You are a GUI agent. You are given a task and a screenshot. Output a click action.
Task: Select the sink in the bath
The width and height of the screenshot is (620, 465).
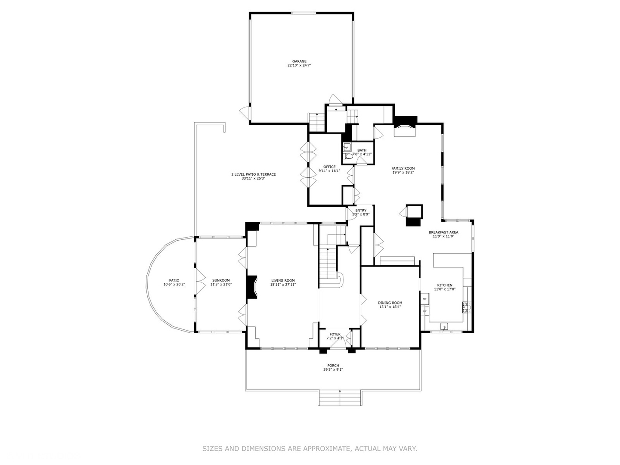[x=347, y=147]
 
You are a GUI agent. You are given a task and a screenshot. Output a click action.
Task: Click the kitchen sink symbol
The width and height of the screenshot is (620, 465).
[x=444, y=327]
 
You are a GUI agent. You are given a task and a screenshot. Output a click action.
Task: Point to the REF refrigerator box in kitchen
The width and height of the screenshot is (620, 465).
[x=425, y=299]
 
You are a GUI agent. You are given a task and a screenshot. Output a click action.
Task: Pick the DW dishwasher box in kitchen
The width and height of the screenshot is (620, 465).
[x=425, y=311]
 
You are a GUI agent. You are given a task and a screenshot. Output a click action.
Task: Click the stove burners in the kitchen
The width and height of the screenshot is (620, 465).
[x=465, y=307]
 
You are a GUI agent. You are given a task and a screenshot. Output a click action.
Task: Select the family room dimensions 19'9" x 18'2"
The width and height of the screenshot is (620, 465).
[x=403, y=173]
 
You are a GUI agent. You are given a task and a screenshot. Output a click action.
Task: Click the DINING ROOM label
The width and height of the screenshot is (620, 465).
[x=390, y=303]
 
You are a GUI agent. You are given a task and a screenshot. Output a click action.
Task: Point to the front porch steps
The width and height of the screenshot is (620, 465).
[x=340, y=398]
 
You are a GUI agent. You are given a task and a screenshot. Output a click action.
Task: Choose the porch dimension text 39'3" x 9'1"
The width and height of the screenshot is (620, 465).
[x=333, y=369]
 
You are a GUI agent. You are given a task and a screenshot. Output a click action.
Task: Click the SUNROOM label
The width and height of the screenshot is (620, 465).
[x=221, y=280]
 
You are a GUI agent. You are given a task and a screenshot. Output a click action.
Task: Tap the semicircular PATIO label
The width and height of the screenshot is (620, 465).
[x=174, y=280]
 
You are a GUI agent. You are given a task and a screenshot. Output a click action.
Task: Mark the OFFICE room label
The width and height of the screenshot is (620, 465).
[x=329, y=167]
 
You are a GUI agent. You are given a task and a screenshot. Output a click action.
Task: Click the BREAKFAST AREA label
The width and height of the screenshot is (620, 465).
[x=443, y=232]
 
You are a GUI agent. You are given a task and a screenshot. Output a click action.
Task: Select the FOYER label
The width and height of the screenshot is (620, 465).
[x=335, y=334]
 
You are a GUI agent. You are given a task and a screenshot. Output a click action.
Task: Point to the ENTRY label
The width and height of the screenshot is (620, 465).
[x=361, y=210]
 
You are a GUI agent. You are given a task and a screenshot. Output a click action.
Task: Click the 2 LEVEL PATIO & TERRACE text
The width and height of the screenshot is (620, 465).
[x=253, y=174]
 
